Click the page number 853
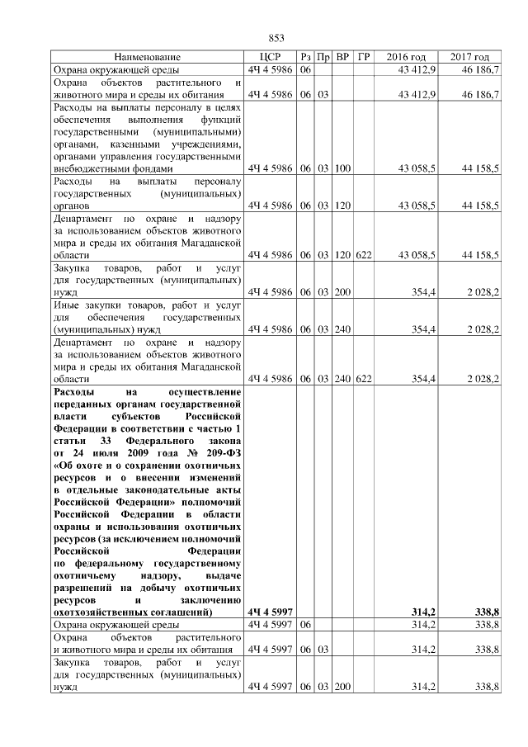point(276,38)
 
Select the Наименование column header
point(147,57)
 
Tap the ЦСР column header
point(271,57)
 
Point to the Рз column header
point(305,57)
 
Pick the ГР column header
point(364,57)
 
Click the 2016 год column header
point(408,57)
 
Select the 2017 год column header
point(470,57)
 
